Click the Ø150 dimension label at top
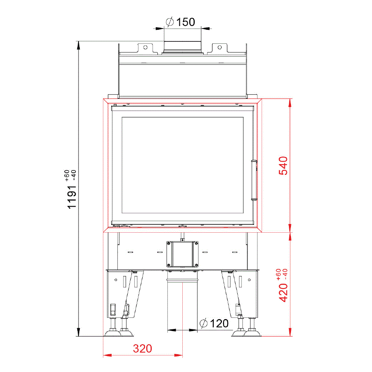[180, 22]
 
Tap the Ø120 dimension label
[214, 323]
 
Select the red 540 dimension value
[283, 166]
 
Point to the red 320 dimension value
[142, 348]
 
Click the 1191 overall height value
[72, 197]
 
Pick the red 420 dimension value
[283, 293]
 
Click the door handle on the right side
[254, 180]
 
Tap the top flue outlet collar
[182, 47]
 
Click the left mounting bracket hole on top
[145, 48]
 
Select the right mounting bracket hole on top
[220, 48]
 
